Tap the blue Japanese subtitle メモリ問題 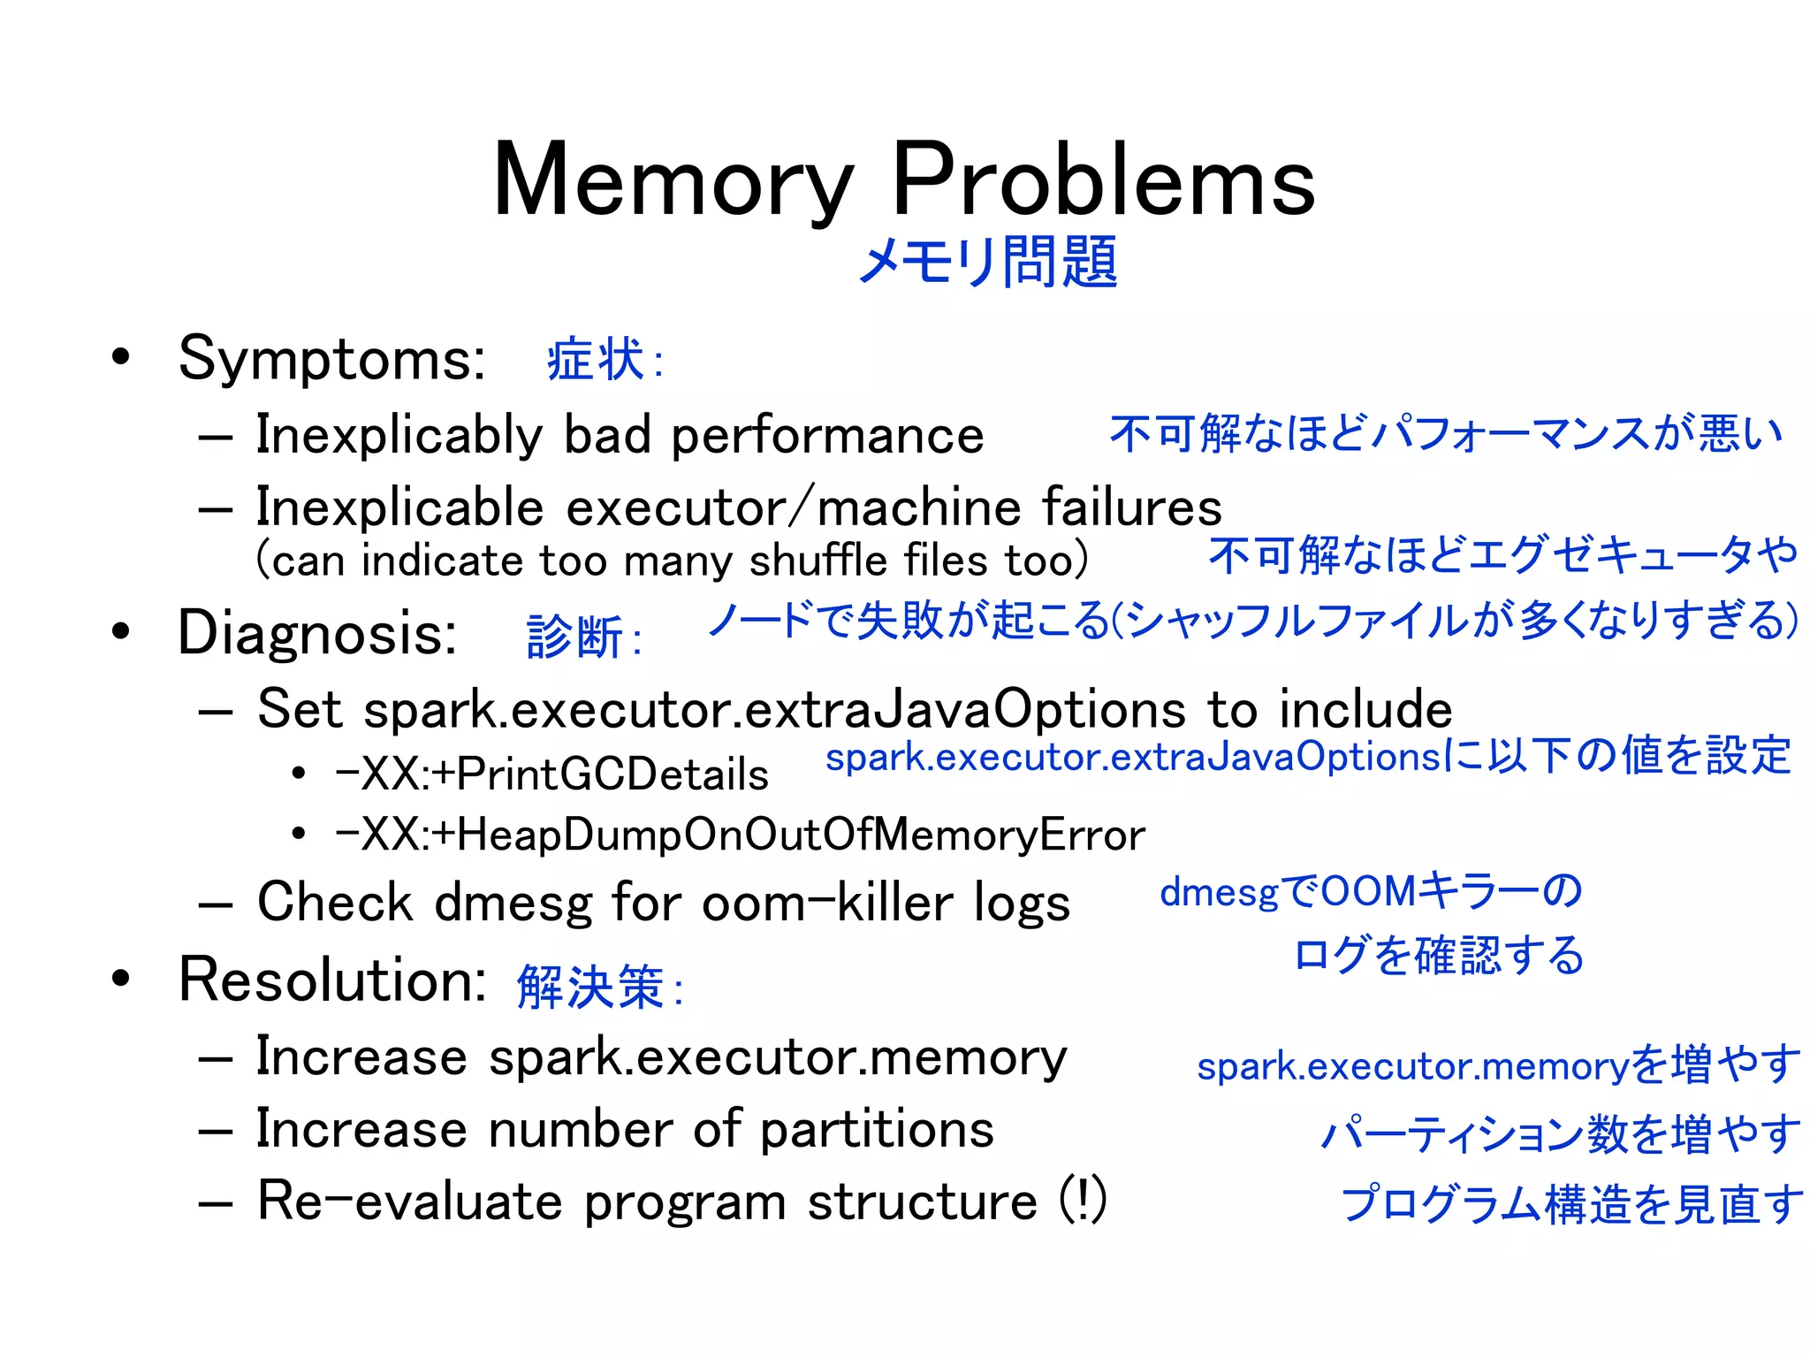tap(987, 262)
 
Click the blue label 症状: tap(605, 361)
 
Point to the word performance tap(827, 435)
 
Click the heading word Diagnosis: tap(317, 633)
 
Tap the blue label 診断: tap(583, 637)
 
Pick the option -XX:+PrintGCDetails tap(552, 774)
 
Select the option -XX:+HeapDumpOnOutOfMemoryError tap(741, 835)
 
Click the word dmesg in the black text tap(513, 904)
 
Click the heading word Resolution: tap(331, 980)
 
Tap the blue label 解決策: tap(600, 987)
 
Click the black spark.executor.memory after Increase tap(778, 1057)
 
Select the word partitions tap(877, 1130)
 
